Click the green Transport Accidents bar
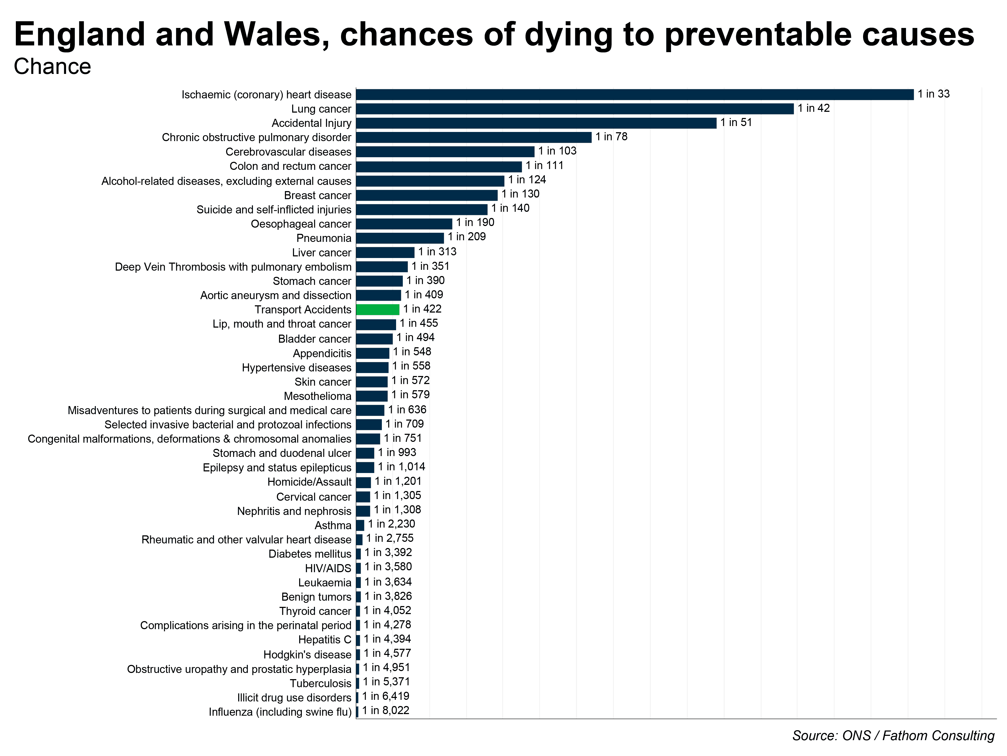(x=377, y=309)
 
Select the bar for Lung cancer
(x=574, y=109)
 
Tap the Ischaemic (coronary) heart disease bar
(x=635, y=94)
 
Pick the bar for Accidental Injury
(x=536, y=123)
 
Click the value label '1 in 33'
(x=933, y=94)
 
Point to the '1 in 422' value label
(x=422, y=309)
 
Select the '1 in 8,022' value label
(x=386, y=710)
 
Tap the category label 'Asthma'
(x=333, y=525)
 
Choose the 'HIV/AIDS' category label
(x=328, y=568)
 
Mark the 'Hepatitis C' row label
(x=325, y=640)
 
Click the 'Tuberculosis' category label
(x=320, y=683)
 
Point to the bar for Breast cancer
(x=426, y=195)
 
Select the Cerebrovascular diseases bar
(x=445, y=152)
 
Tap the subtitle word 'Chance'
(x=52, y=67)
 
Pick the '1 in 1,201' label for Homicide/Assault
(x=398, y=481)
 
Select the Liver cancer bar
(x=385, y=252)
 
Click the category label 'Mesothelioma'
(x=317, y=396)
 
